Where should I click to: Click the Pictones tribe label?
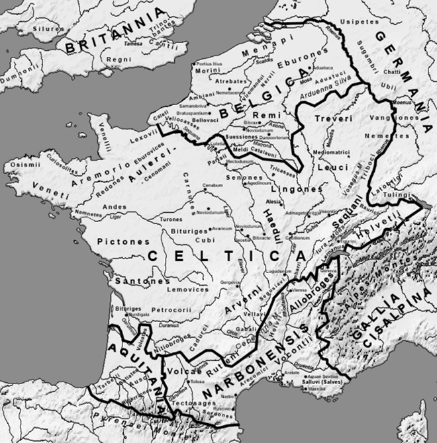pos(123,242)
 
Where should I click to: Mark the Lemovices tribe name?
pos(187,289)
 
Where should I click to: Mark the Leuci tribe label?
pos(328,167)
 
